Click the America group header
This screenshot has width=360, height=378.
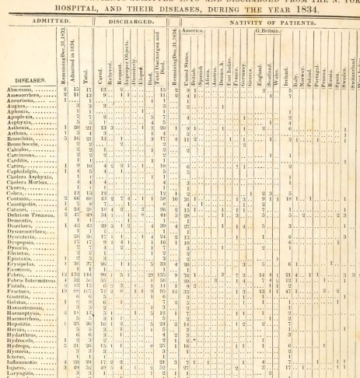click(204, 30)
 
